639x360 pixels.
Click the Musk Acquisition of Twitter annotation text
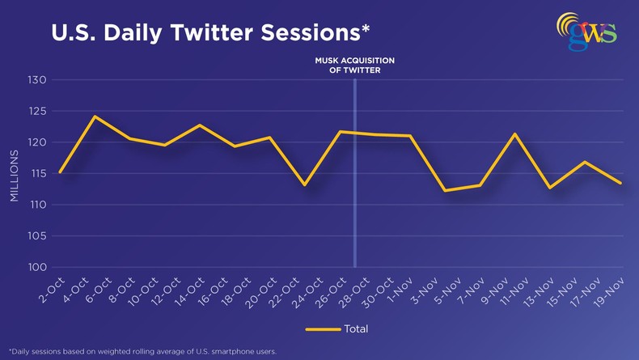(354, 66)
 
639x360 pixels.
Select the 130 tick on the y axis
(37, 80)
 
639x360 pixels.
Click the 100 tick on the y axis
(37, 267)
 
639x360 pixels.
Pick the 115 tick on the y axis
(37, 173)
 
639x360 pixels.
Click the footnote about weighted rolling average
(143, 351)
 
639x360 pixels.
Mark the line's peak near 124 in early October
(95, 116)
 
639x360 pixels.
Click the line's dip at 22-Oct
(304, 185)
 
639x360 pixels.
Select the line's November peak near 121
(514, 133)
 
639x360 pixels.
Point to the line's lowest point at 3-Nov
(445, 191)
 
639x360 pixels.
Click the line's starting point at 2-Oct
(60, 172)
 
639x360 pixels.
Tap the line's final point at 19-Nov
(620, 183)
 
